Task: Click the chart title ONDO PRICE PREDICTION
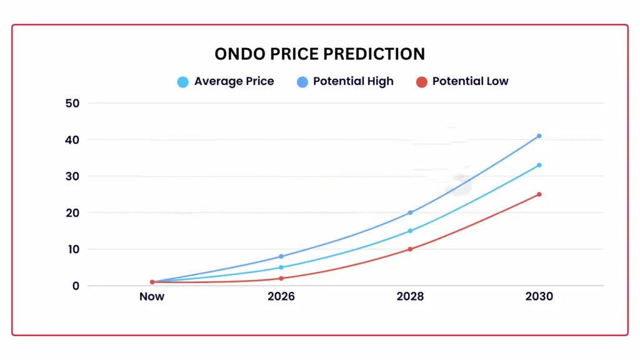pos(319,54)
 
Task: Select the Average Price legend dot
pos(182,82)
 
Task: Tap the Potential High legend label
pos(353,81)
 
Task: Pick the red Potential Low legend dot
pos(421,82)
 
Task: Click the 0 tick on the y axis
pos(75,286)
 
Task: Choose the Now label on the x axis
pos(152,297)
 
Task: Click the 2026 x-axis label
pos(281,297)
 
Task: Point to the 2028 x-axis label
pos(410,297)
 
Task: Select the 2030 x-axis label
pos(539,297)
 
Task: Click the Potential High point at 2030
pos(539,136)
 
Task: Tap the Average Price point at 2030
pos(539,165)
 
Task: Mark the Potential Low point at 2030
pos(539,194)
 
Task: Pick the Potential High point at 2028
pos(410,212)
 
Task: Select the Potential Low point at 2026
pos(281,278)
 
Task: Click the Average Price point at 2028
pos(410,231)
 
